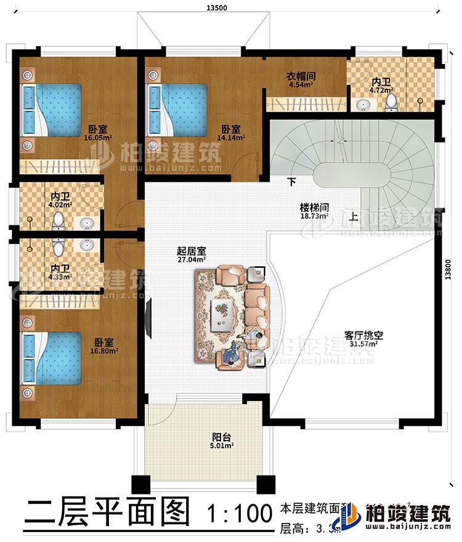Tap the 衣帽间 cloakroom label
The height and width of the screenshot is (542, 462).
click(301, 76)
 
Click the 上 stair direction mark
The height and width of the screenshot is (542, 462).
click(354, 216)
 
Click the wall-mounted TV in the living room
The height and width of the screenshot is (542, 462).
click(148, 318)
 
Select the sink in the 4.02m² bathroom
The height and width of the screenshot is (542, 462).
click(87, 222)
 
